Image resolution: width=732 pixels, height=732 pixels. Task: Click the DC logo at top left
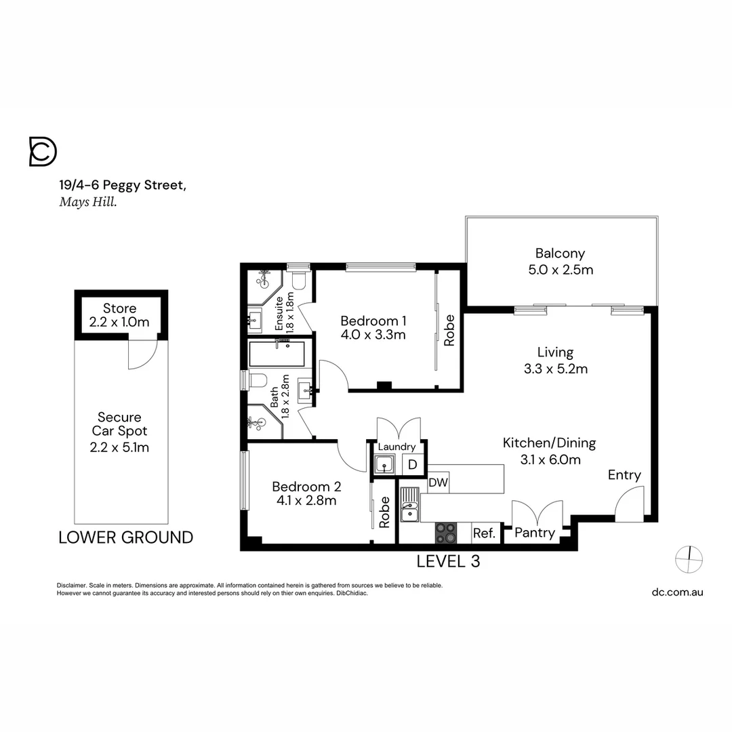point(43,151)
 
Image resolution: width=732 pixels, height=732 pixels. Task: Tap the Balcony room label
point(560,253)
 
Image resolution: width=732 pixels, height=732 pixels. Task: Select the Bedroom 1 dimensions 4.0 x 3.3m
point(373,334)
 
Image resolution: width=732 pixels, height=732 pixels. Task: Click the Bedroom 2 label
point(306,487)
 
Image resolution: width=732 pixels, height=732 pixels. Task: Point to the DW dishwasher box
point(439,482)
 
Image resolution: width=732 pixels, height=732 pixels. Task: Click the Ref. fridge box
point(484,533)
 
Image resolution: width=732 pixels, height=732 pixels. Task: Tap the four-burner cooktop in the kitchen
point(445,533)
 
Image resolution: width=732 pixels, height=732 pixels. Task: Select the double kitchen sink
point(409,506)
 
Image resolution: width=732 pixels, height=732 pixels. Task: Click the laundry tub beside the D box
point(385,465)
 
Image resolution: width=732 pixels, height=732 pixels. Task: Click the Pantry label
point(534,533)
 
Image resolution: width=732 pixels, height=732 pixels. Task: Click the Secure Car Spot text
point(119,431)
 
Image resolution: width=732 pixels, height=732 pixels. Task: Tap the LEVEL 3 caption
point(448,561)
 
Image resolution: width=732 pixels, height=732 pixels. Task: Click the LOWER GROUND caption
point(126,537)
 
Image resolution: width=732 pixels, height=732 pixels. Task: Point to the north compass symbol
point(689,560)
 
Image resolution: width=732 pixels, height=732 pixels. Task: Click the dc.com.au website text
point(677,592)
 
